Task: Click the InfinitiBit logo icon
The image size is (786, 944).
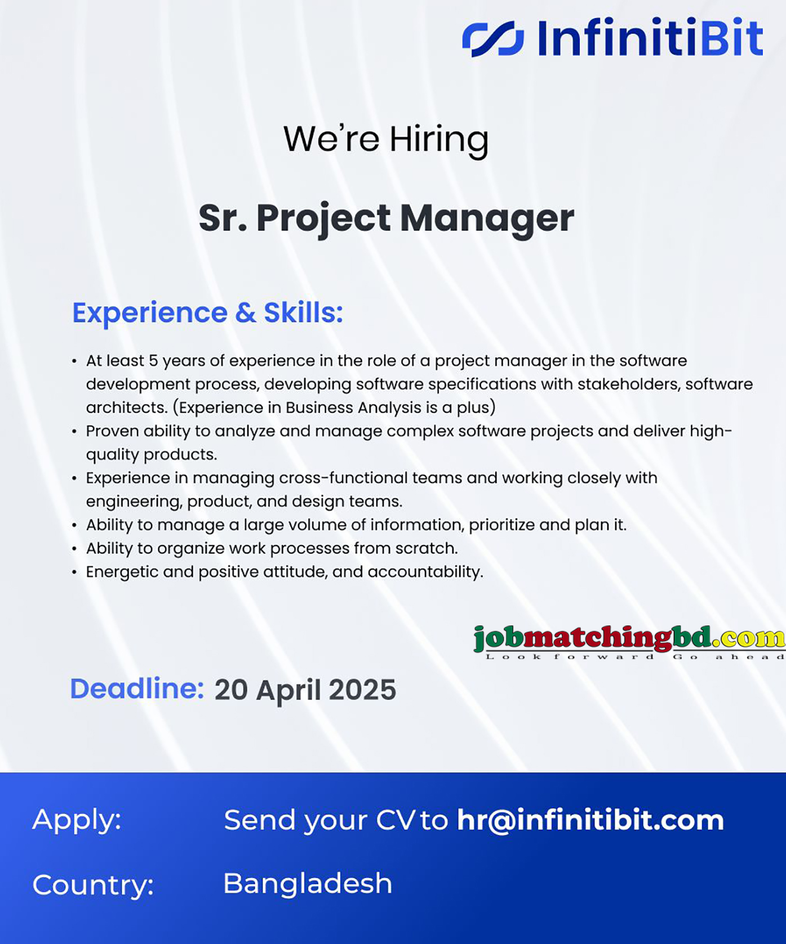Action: pos(493,38)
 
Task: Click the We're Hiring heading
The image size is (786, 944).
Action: pos(386,139)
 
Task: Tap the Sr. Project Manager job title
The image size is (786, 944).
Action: pos(387,218)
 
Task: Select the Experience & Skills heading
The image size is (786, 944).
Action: pos(207,312)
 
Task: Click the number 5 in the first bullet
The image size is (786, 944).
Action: pos(153,361)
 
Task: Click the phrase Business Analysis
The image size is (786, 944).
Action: pos(353,408)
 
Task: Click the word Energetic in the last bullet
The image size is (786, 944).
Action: pos(122,572)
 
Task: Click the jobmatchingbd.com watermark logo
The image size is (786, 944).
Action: pos(629,641)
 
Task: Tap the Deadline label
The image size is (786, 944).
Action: pos(137,689)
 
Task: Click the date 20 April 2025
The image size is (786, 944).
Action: pos(305,690)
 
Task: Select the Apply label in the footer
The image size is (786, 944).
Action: pos(77,820)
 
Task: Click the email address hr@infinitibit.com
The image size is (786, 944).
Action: pos(590,820)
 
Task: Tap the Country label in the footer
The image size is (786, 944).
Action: pos(93,884)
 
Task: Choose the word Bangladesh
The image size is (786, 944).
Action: pos(308,883)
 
